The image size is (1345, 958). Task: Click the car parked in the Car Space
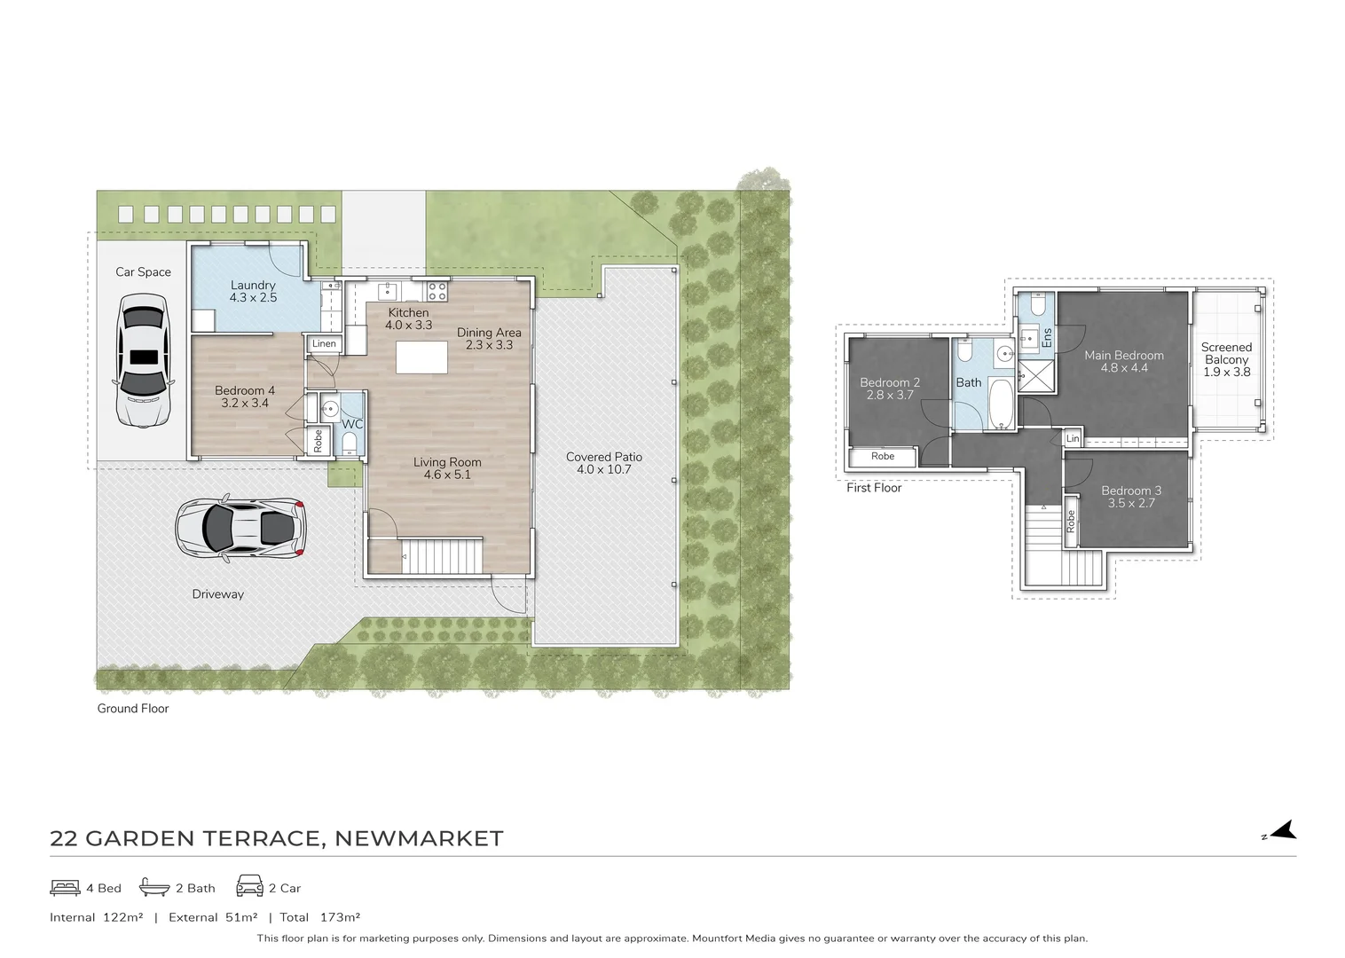coord(144,360)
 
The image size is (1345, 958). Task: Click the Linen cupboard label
coord(324,344)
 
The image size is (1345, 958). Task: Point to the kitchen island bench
coord(421,357)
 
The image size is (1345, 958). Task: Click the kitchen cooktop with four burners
coord(437,292)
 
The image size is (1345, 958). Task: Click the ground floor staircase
coord(442,555)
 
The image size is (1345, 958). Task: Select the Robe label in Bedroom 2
coord(883,456)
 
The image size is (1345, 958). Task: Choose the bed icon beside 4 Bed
coord(65,888)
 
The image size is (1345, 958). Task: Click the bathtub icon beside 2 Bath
coord(154,887)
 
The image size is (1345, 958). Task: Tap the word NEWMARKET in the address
coord(419,838)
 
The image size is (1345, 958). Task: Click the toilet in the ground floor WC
coord(350,444)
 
